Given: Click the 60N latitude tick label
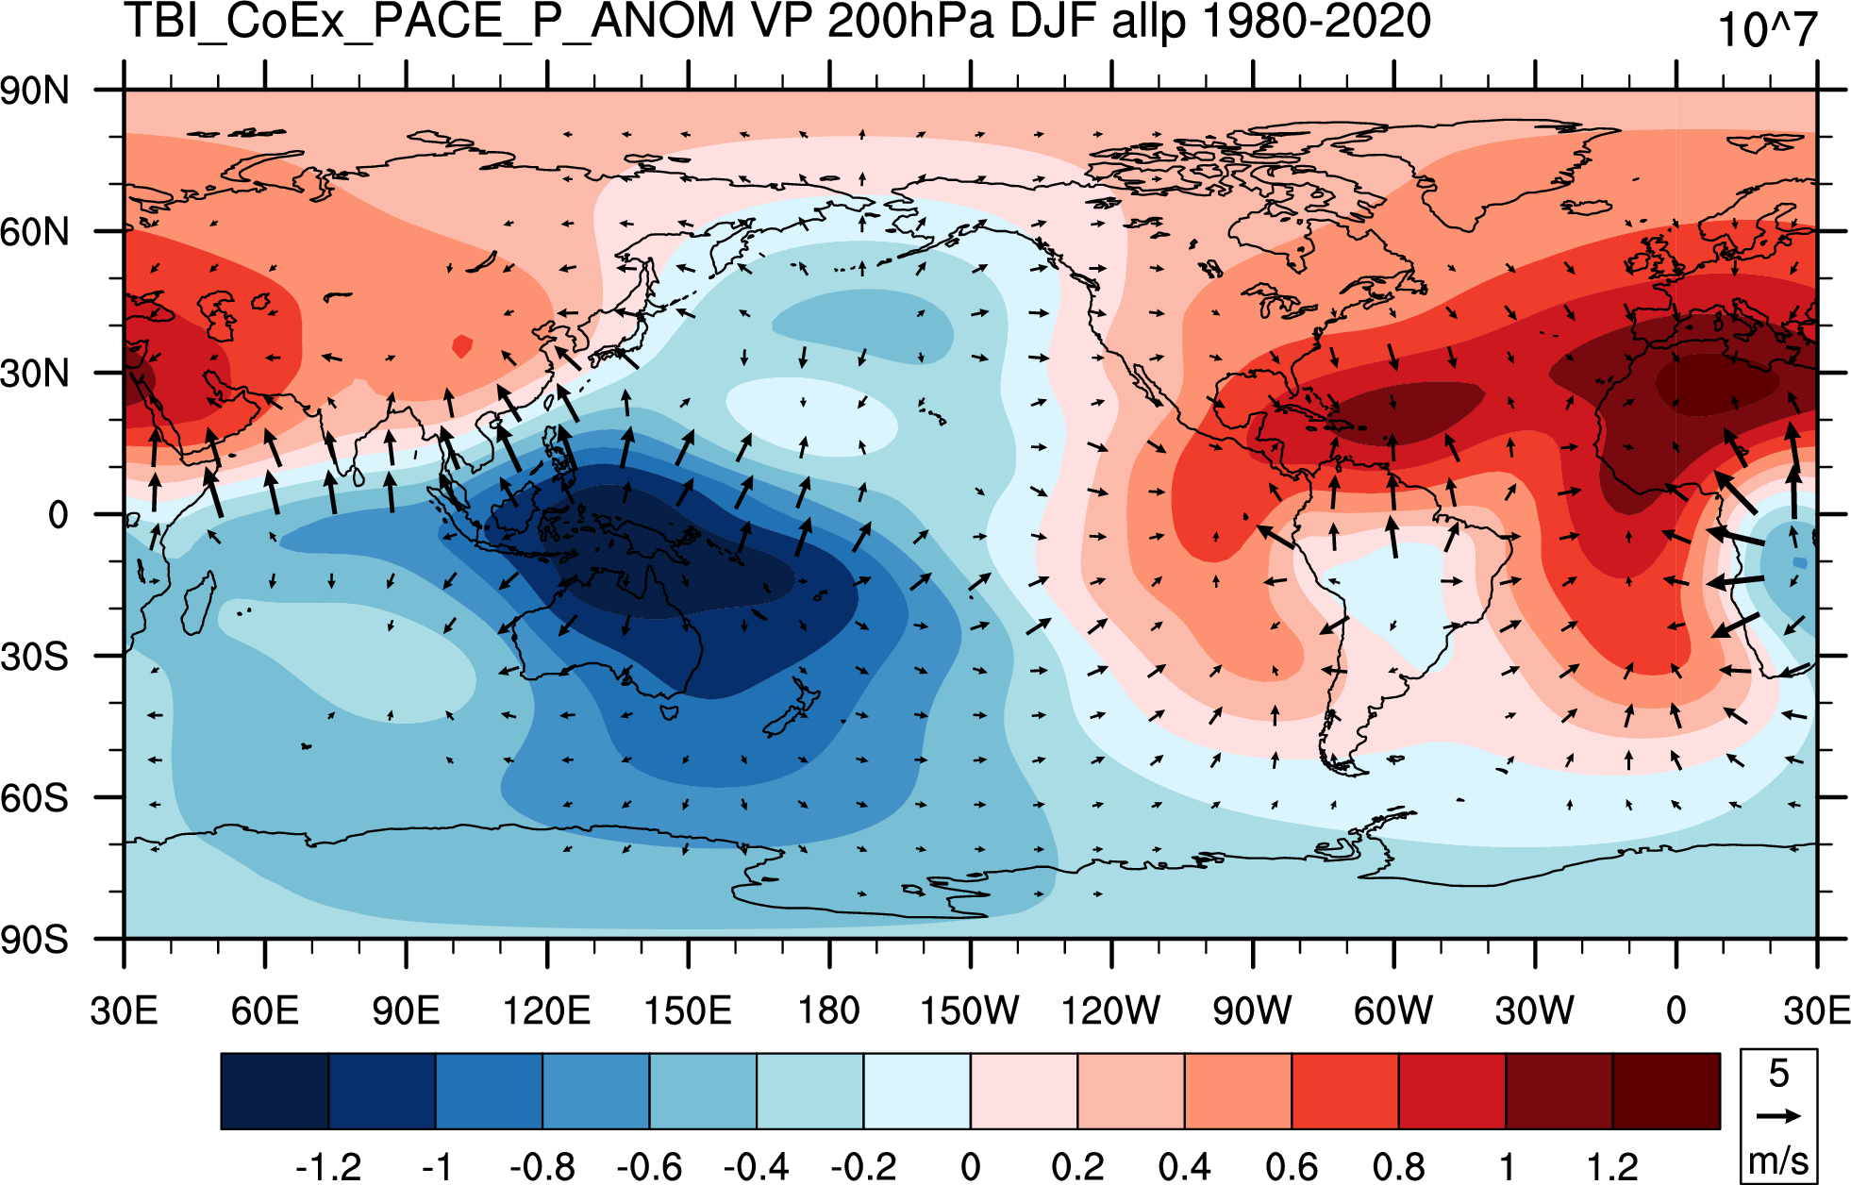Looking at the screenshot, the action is point(35,232).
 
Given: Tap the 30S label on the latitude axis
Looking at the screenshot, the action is point(35,657).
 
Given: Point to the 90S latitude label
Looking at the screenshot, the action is point(35,940).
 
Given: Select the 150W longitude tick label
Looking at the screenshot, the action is point(970,1010).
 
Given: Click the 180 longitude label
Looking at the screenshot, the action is point(829,1010).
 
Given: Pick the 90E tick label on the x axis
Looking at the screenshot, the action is point(406,1010).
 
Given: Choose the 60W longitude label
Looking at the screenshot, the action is point(1393,1010).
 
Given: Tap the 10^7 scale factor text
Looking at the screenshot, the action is point(1767,30).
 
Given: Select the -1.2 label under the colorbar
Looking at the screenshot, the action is point(328,1167).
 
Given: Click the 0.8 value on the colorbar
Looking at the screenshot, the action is point(1399,1167).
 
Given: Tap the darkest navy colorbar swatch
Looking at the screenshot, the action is point(275,1092).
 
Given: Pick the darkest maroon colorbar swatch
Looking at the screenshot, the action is point(1666,1092).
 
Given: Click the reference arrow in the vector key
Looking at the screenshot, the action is point(1778,1116).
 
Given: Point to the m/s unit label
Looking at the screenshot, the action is point(1778,1160).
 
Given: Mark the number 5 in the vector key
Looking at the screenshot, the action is point(1779,1074).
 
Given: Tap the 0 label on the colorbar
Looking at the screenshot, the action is point(970,1167).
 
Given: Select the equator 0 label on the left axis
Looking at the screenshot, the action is point(58,515).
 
